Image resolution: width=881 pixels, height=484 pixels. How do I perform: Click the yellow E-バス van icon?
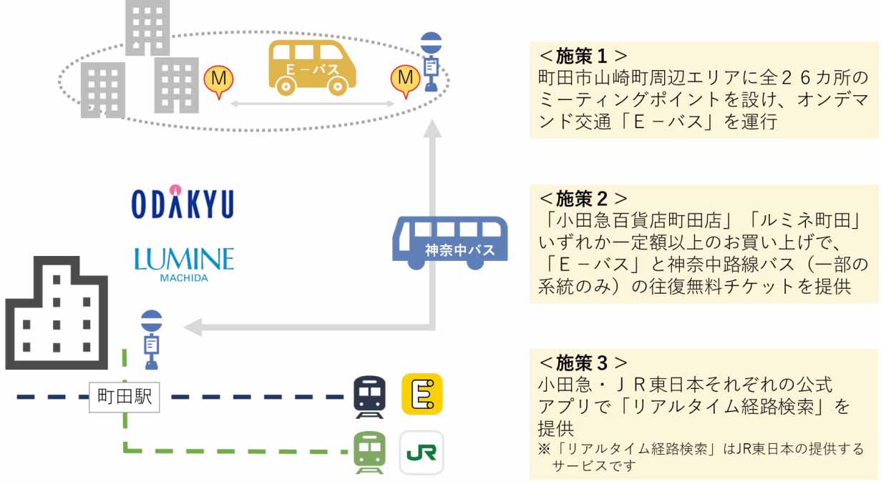click(x=312, y=68)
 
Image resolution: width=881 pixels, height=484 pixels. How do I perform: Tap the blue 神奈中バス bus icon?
click(x=449, y=243)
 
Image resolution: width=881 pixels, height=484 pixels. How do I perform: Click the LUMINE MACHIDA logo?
click(x=184, y=262)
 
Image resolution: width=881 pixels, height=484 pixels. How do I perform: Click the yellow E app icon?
click(x=422, y=394)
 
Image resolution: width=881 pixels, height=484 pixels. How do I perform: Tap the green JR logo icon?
click(x=422, y=453)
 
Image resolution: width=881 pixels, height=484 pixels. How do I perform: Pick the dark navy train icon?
click(x=369, y=396)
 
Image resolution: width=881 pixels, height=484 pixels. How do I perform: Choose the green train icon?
click(x=369, y=452)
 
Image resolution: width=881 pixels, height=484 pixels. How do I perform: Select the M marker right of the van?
click(x=405, y=79)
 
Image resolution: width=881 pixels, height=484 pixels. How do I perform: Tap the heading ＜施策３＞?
click(x=583, y=362)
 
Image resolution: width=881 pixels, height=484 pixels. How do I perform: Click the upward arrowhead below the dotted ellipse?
click(x=431, y=129)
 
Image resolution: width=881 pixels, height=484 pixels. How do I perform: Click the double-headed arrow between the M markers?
click(x=312, y=104)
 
